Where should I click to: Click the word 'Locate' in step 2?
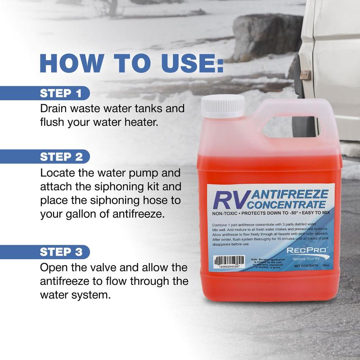click(x=57, y=173)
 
